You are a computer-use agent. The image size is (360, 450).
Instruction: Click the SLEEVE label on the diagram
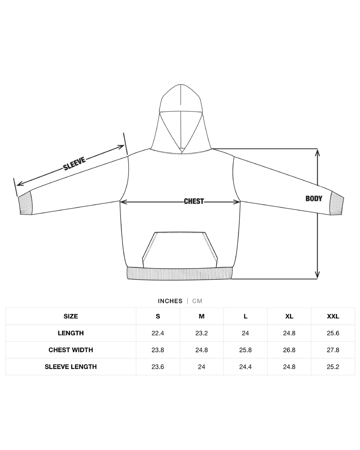click(x=75, y=163)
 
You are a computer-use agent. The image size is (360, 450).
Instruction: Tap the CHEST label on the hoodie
click(x=194, y=201)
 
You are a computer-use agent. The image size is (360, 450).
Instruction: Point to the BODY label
click(x=314, y=198)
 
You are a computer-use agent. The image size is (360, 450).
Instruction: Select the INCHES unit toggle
click(x=170, y=301)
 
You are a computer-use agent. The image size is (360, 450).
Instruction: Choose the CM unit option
click(x=197, y=301)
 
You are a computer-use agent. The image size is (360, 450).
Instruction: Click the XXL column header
click(x=333, y=316)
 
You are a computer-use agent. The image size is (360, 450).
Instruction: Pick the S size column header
click(x=158, y=316)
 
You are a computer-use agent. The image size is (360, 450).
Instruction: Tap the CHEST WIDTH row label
click(x=71, y=350)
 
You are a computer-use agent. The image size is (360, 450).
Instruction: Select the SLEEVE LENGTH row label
click(x=71, y=367)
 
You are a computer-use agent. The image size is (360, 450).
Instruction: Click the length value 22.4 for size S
click(x=158, y=333)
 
